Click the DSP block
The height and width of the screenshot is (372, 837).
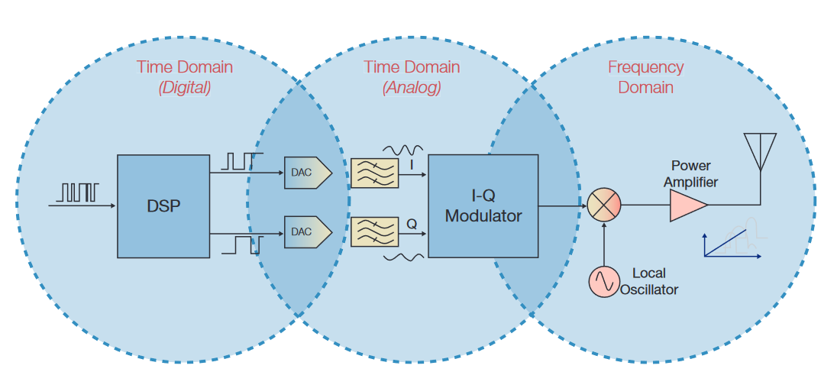click(x=163, y=206)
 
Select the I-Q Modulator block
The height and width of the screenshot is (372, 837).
click(x=483, y=206)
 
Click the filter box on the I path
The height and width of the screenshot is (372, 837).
click(x=374, y=173)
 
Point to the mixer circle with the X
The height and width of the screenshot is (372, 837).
click(x=604, y=205)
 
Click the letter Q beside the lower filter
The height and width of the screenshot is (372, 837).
click(x=412, y=225)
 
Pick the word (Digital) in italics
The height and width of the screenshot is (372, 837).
click(x=185, y=88)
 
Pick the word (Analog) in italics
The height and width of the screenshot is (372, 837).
click(x=412, y=88)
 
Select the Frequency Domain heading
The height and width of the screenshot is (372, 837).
click(x=645, y=77)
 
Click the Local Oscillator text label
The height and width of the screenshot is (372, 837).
click(x=649, y=281)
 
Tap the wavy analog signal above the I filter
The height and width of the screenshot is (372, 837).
click(x=404, y=149)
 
